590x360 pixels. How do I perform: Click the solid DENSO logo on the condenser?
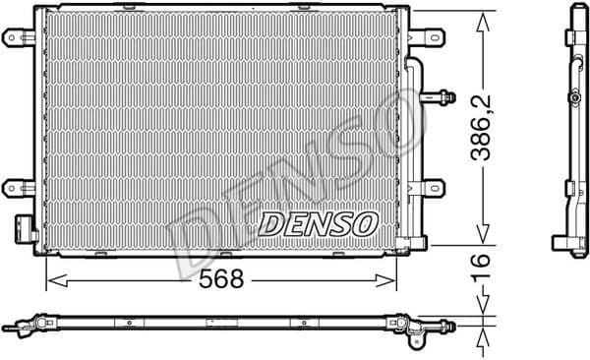pyautogui.click(x=318, y=223)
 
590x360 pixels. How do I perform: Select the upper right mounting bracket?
pyautogui.click(x=428, y=38)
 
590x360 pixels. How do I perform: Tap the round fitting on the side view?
pyautogui.click(x=572, y=97)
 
